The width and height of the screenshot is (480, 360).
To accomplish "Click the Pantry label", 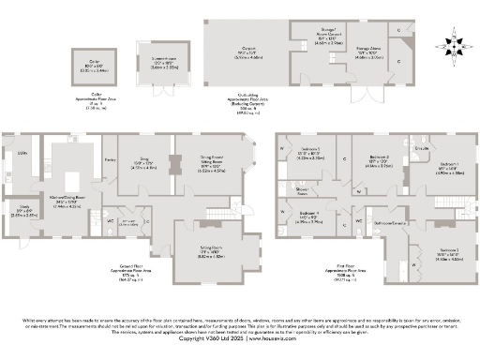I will [110, 162].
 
